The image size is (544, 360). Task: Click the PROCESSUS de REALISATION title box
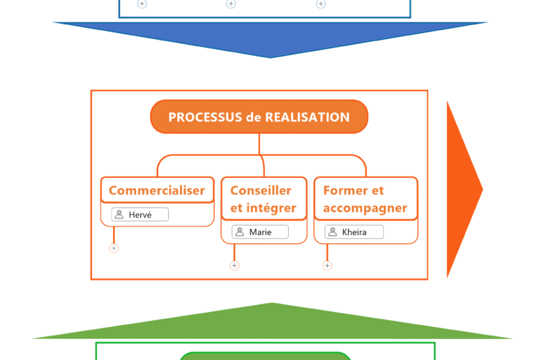[259, 117]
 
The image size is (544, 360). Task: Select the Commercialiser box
[157, 190]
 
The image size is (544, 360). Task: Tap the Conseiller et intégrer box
[264, 199]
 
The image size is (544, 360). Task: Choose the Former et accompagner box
[365, 199]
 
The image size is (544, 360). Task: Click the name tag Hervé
[140, 215]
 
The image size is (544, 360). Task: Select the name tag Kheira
[354, 232]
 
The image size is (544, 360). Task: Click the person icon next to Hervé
[119, 215]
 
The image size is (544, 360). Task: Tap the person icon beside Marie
[239, 232]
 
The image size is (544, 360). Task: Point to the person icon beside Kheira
[333, 232]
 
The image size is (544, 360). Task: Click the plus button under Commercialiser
[114, 248]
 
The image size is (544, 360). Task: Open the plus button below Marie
[234, 265]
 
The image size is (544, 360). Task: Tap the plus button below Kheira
[327, 265]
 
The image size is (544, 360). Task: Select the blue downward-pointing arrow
[271, 38]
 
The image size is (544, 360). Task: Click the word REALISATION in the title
[307, 117]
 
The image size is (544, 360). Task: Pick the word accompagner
[365, 208]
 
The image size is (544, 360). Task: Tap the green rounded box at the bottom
[265, 357]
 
